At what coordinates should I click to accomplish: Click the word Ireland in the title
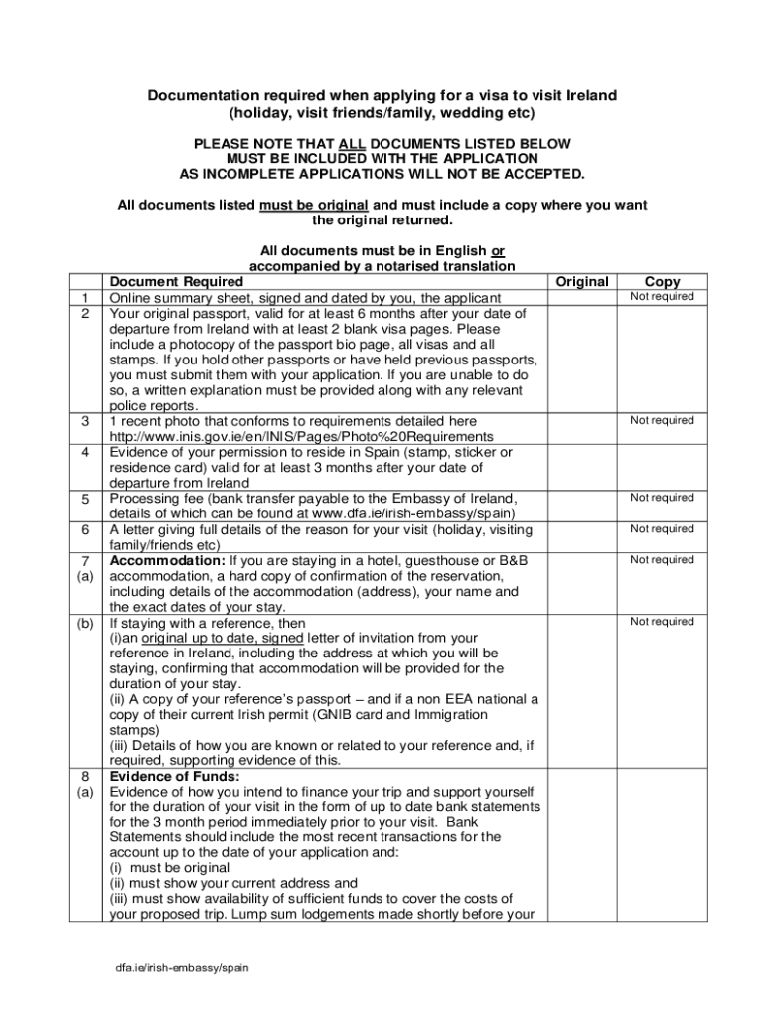coord(591,95)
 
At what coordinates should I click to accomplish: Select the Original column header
coord(581,282)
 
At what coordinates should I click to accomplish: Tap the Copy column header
coord(662,282)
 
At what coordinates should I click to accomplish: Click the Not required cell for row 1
coord(662,297)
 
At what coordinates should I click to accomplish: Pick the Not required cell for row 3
coord(662,421)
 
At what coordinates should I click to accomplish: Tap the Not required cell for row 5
coord(662,498)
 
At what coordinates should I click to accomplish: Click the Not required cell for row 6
coord(662,529)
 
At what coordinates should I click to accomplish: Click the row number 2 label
coord(86,313)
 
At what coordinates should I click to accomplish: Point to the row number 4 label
coord(86,452)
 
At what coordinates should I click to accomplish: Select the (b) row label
coord(86,622)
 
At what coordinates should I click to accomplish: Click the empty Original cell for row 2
coord(581,358)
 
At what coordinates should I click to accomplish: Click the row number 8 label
coord(86,776)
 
